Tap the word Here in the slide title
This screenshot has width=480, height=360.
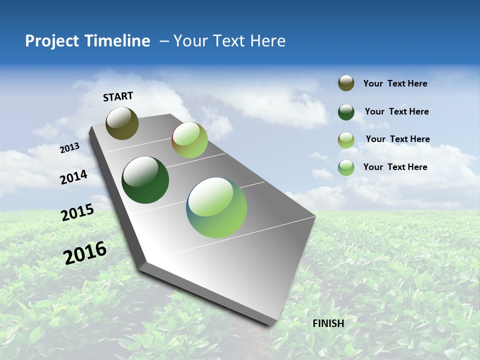(267, 41)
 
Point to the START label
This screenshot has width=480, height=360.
(118, 96)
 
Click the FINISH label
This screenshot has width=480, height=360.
(328, 323)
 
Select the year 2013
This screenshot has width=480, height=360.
(70, 148)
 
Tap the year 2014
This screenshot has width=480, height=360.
(73, 177)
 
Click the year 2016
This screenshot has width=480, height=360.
(85, 253)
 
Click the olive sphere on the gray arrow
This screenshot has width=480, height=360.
(122, 123)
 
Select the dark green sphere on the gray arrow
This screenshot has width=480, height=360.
(145, 180)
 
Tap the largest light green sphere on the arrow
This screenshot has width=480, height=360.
(216, 207)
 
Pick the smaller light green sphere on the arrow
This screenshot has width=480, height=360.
(189, 140)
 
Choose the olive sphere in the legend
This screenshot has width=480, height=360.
(346, 83)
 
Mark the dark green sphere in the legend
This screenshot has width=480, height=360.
(346, 112)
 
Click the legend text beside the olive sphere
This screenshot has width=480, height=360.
(395, 84)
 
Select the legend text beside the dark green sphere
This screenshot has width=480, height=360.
(396, 111)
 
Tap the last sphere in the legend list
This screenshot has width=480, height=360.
(346, 167)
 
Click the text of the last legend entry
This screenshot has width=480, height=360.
(395, 167)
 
